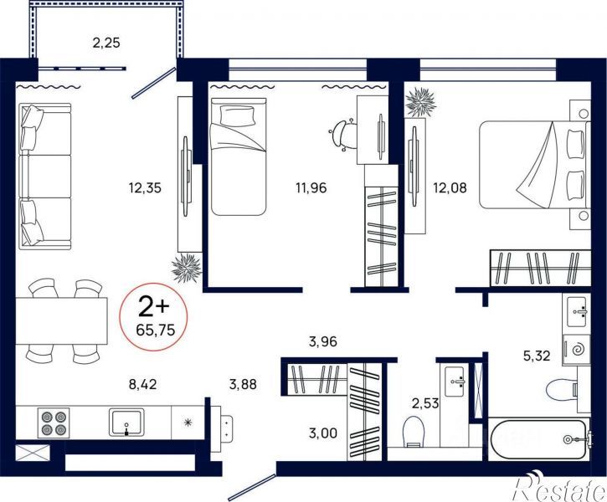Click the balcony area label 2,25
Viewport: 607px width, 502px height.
[106, 43]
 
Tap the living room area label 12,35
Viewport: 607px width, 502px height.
[145, 188]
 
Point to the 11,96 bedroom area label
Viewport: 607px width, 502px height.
[311, 188]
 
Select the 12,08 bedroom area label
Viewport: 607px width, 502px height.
[450, 188]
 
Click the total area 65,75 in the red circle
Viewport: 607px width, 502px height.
[156, 330]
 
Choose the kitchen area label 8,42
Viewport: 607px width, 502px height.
[143, 384]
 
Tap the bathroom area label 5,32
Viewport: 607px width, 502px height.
[537, 356]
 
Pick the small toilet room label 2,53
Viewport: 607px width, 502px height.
[425, 404]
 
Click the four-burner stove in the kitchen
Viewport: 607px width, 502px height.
[54, 423]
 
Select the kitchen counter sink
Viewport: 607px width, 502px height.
[126, 423]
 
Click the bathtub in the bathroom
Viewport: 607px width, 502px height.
[538, 439]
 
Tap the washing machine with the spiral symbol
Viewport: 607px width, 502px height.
[576, 349]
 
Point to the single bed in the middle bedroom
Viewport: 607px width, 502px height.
[239, 156]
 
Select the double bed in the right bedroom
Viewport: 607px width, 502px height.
[534, 165]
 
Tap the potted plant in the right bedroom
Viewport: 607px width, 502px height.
[420, 102]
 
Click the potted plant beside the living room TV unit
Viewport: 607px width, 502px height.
[187, 268]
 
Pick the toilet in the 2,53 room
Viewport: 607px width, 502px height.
[414, 432]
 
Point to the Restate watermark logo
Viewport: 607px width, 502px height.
[560, 487]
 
